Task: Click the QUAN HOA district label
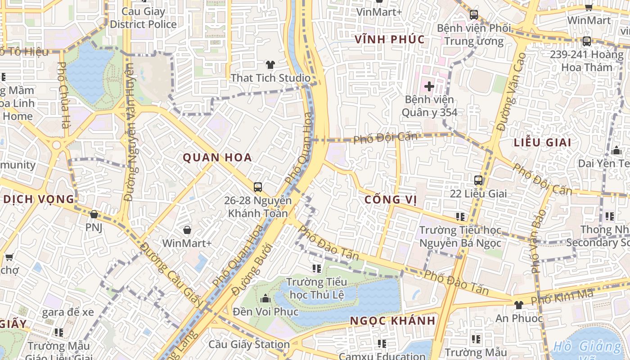click(217, 157)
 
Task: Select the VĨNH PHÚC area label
click(390, 39)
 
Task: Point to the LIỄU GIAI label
click(542, 143)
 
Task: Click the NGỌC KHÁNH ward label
click(393, 321)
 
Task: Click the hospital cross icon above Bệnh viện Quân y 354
click(429, 85)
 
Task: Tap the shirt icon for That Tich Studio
click(270, 65)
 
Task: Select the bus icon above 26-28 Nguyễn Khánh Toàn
click(258, 187)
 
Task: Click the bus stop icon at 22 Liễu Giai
click(478, 180)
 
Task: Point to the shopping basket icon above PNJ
click(94, 214)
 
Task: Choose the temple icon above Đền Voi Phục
click(265, 298)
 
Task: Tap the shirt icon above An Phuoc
click(518, 305)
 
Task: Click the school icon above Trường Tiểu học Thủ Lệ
click(317, 269)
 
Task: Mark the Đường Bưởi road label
click(252, 270)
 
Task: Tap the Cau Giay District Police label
click(143, 18)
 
